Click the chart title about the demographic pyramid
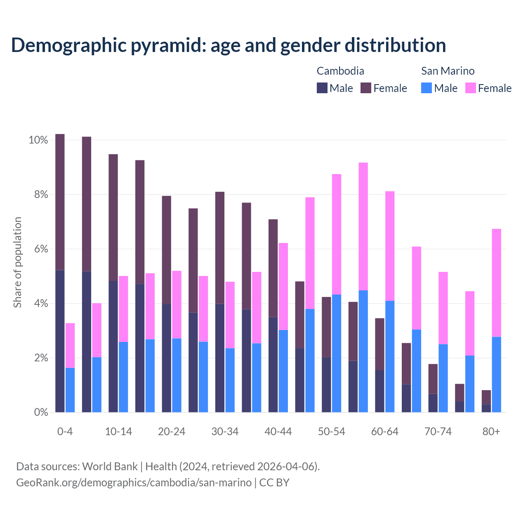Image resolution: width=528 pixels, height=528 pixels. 229,45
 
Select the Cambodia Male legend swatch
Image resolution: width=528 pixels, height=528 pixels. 322,88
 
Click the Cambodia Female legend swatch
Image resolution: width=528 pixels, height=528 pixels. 366,88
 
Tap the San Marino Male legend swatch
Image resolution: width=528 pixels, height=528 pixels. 427,88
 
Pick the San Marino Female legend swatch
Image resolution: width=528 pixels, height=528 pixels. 471,88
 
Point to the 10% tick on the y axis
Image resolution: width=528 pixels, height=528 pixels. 38,140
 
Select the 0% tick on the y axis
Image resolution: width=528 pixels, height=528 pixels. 40,412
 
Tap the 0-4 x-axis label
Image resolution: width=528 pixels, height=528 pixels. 65,432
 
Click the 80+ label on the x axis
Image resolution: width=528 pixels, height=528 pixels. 491,432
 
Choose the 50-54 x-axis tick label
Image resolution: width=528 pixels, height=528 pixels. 332,432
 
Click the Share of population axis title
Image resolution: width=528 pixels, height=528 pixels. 17,262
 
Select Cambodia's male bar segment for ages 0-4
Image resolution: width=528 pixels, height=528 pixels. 60,341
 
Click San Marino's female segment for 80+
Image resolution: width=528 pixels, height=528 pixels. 497,283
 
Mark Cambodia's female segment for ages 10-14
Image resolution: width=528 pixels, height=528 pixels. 113,217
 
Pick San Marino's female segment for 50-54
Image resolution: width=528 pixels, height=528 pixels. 337,234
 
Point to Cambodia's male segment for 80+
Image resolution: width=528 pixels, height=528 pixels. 486,408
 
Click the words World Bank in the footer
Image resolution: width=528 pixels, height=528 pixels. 110,467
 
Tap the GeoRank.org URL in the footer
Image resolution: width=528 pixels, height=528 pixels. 134,483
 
